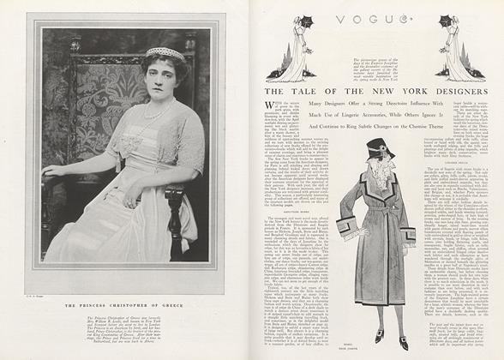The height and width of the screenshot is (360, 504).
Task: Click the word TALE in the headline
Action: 306,91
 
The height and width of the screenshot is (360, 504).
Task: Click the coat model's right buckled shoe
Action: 402,341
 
